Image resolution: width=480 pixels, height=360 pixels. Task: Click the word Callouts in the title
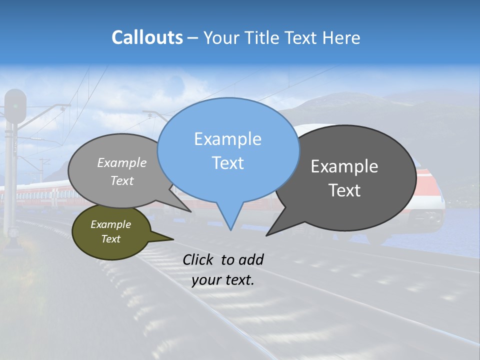pyautogui.click(x=147, y=37)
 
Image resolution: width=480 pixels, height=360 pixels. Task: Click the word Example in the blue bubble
pyautogui.click(x=227, y=139)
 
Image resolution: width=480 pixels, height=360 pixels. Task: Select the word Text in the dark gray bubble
pyautogui.click(x=344, y=190)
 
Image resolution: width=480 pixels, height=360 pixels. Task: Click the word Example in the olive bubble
pyautogui.click(x=110, y=224)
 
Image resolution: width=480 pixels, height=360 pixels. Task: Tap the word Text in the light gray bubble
pyautogui.click(x=121, y=181)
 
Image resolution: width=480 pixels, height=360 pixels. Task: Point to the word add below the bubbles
pyautogui.click(x=250, y=260)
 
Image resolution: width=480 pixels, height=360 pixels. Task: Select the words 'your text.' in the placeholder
pyautogui.click(x=223, y=280)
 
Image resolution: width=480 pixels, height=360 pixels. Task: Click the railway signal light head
pyautogui.click(x=15, y=105)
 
